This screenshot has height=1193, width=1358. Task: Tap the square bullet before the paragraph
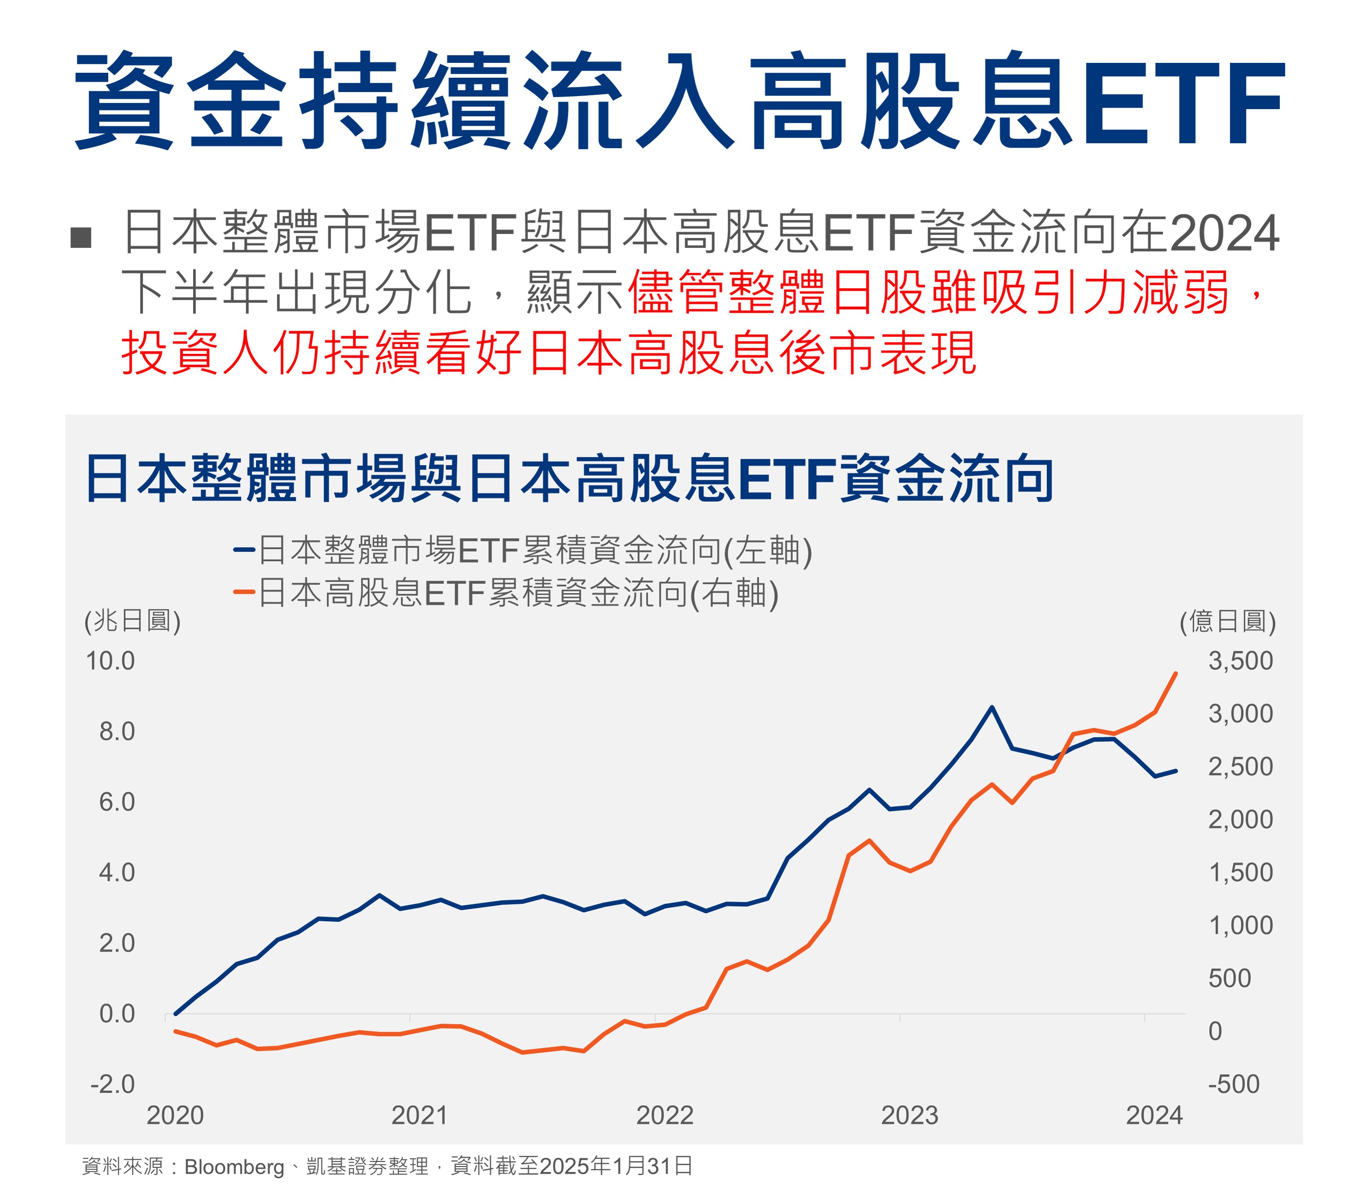click(x=80, y=237)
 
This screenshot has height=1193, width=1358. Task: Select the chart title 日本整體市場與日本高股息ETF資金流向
click(x=569, y=479)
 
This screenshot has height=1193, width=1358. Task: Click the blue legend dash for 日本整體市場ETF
click(x=244, y=550)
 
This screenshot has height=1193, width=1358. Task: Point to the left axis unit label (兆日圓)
click(x=132, y=621)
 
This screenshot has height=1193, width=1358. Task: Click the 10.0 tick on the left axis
click(x=111, y=661)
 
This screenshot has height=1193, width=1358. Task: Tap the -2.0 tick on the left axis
click(x=112, y=1084)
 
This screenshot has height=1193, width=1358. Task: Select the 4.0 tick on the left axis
click(x=117, y=872)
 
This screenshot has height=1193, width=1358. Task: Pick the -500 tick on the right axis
click(x=1233, y=1084)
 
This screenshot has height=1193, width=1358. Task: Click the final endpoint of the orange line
click(x=1176, y=674)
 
